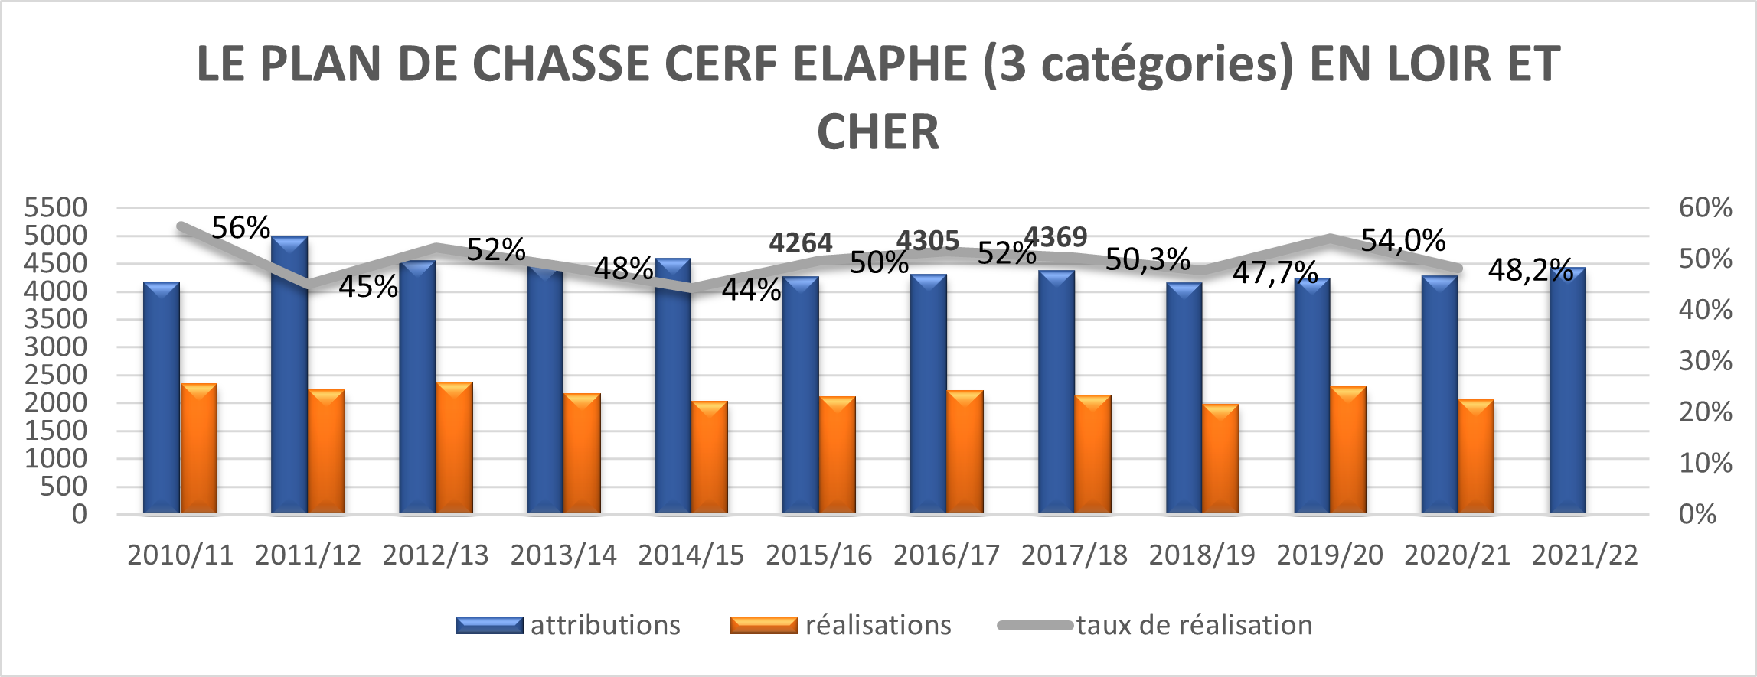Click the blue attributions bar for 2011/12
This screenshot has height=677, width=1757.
click(x=289, y=375)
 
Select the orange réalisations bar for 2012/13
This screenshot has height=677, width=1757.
click(x=455, y=448)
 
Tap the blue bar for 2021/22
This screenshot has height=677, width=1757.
click(x=1567, y=390)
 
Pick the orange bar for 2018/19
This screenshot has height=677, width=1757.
click(x=1221, y=458)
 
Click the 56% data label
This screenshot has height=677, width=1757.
click(x=240, y=228)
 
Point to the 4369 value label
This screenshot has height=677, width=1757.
click(x=1056, y=238)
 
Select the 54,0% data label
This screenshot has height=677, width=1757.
click(x=1403, y=241)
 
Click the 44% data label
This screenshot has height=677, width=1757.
click(x=751, y=291)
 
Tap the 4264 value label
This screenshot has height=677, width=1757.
click(x=800, y=243)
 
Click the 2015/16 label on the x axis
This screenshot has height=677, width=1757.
click(x=818, y=555)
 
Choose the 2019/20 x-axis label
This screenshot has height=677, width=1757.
click(x=1330, y=555)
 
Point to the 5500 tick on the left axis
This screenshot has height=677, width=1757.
click(x=56, y=207)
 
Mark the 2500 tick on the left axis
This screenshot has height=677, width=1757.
click(x=56, y=375)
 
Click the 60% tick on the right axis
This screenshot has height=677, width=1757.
click(x=1705, y=207)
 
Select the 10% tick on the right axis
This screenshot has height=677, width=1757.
click(x=1705, y=463)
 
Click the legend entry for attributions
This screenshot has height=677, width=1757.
click(x=568, y=625)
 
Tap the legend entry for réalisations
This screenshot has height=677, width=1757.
click(x=841, y=625)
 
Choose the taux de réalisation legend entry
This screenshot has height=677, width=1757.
click(x=1156, y=625)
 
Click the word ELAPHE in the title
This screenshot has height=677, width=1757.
click(x=880, y=63)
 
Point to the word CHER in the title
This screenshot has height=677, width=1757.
click(x=878, y=132)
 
